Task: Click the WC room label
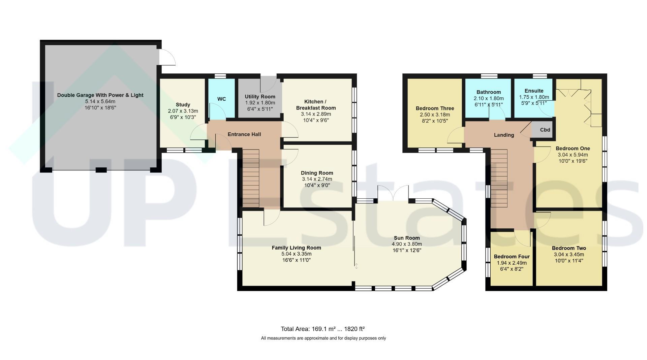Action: pyautogui.click(x=221, y=99)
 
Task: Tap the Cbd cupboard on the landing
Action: pyautogui.click(x=542, y=130)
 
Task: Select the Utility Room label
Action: pyautogui.click(x=260, y=97)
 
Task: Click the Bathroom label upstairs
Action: pyautogui.click(x=489, y=92)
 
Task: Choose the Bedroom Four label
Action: pyautogui.click(x=512, y=257)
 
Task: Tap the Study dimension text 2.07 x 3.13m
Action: pyautogui.click(x=183, y=111)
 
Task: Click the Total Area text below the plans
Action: pyautogui.click(x=323, y=329)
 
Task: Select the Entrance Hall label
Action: pyautogui.click(x=244, y=134)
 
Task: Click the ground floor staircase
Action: pyautogui.click(x=251, y=178)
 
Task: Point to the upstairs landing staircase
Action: pyautogui.click(x=499, y=178)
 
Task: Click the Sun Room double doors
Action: pyautogui.click(x=393, y=193)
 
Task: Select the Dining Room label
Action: pyautogui.click(x=317, y=173)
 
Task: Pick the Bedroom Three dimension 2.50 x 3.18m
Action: pyautogui.click(x=435, y=115)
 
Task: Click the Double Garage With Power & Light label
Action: pyautogui.click(x=100, y=95)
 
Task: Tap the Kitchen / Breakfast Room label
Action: pyautogui.click(x=316, y=105)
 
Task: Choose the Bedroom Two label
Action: pyautogui.click(x=569, y=249)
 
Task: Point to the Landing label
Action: pyautogui.click(x=504, y=135)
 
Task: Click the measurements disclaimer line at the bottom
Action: pyautogui.click(x=323, y=338)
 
